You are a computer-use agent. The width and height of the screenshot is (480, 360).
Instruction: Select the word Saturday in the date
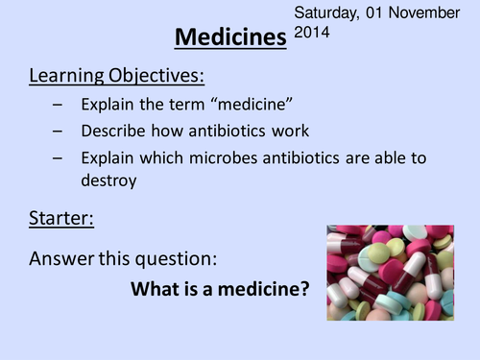325,13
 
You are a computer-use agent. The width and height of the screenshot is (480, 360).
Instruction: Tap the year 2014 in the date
312,32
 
